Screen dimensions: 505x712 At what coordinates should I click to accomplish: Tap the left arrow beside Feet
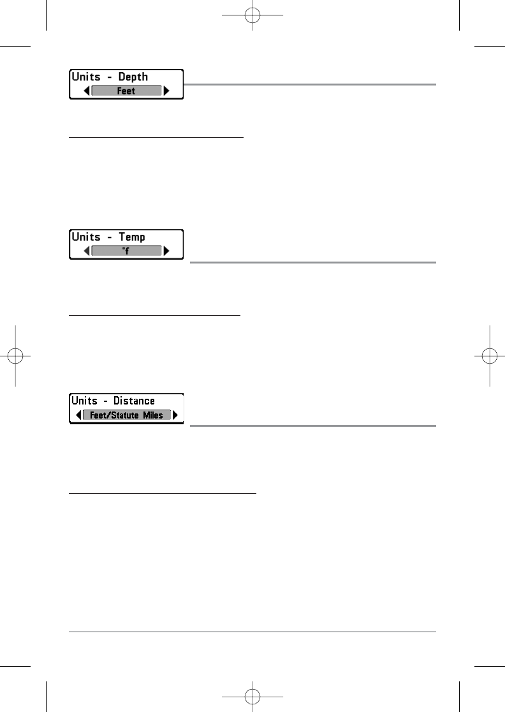(87, 91)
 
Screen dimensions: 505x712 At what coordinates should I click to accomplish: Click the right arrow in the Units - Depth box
(167, 91)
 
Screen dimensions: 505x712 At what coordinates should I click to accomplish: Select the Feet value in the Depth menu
(126, 91)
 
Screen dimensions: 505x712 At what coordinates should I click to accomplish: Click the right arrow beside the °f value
(167, 251)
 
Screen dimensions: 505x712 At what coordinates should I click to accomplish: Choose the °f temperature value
(126, 251)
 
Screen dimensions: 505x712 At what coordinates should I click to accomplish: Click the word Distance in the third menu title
(134, 401)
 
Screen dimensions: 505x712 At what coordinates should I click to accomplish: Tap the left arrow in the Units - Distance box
(78, 415)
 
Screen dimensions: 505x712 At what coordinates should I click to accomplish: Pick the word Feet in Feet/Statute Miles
(94, 415)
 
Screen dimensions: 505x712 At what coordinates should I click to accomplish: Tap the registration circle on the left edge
(15, 355)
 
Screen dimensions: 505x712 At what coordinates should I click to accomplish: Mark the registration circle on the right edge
(490, 355)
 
